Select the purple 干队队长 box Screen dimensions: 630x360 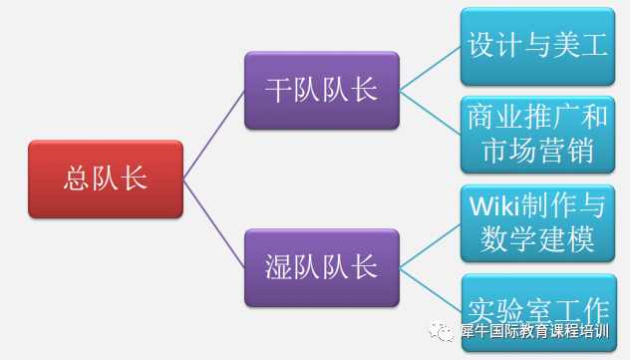321,91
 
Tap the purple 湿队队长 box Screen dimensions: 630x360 321,267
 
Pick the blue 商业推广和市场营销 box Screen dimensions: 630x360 538,135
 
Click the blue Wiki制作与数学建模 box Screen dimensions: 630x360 538,222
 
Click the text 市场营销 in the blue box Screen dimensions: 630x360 538,153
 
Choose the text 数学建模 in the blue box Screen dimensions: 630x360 538,240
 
